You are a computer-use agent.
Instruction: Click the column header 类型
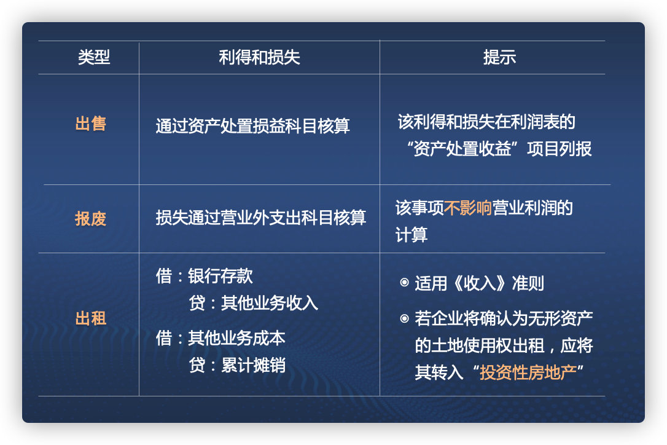tap(94, 58)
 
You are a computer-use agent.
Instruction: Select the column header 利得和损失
tap(259, 58)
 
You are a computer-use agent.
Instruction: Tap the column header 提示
tap(499, 58)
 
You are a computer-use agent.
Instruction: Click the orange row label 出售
tap(91, 124)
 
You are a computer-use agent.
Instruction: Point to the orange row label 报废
tap(91, 218)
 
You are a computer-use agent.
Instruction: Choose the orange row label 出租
tap(91, 318)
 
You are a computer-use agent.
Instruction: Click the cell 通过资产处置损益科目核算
tap(252, 126)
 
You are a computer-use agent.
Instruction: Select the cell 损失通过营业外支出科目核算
tap(260, 218)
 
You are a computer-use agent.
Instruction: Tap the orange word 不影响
tap(467, 208)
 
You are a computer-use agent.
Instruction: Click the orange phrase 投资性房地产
tap(528, 372)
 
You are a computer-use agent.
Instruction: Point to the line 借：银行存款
tap(204, 276)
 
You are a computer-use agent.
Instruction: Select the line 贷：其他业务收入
tap(254, 303)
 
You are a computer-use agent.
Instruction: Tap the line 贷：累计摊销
tap(237, 365)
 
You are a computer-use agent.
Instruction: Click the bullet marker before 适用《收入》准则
tap(404, 283)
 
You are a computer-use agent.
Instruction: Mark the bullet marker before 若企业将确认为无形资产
tap(404, 318)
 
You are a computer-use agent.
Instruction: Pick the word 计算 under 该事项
tap(411, 235)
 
